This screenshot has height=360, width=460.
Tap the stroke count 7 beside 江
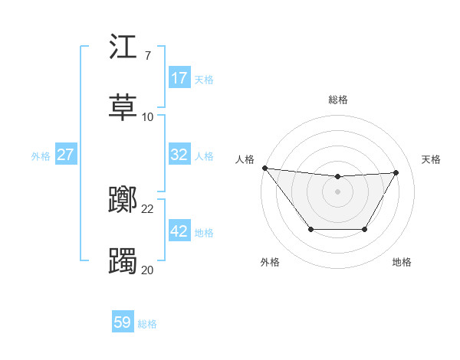(147, 56)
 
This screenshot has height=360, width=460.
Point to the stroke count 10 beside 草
(148, 116)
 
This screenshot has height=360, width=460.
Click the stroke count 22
(148, 209)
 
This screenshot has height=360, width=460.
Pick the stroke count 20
(148, 270)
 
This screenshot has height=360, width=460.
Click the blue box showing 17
(179, 78)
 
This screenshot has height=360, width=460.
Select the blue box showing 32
(179, 155)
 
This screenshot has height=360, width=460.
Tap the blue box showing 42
(179, 231)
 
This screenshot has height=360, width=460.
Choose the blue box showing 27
(66, 155)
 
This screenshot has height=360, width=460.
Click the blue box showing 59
(123, 322)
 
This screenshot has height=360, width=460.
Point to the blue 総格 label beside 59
(148, 324)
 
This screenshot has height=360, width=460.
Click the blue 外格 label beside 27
(41, 155)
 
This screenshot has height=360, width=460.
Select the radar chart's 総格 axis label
(338, 100)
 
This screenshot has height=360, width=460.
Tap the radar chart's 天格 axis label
(432, 159)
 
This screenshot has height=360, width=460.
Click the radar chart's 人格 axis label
(245, 159)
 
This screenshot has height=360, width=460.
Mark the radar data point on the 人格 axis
(264, 168)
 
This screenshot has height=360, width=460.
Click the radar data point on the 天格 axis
(396, 172)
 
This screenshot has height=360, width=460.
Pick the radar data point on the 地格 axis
(365, 229)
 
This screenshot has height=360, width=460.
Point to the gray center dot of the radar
(338, 191)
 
